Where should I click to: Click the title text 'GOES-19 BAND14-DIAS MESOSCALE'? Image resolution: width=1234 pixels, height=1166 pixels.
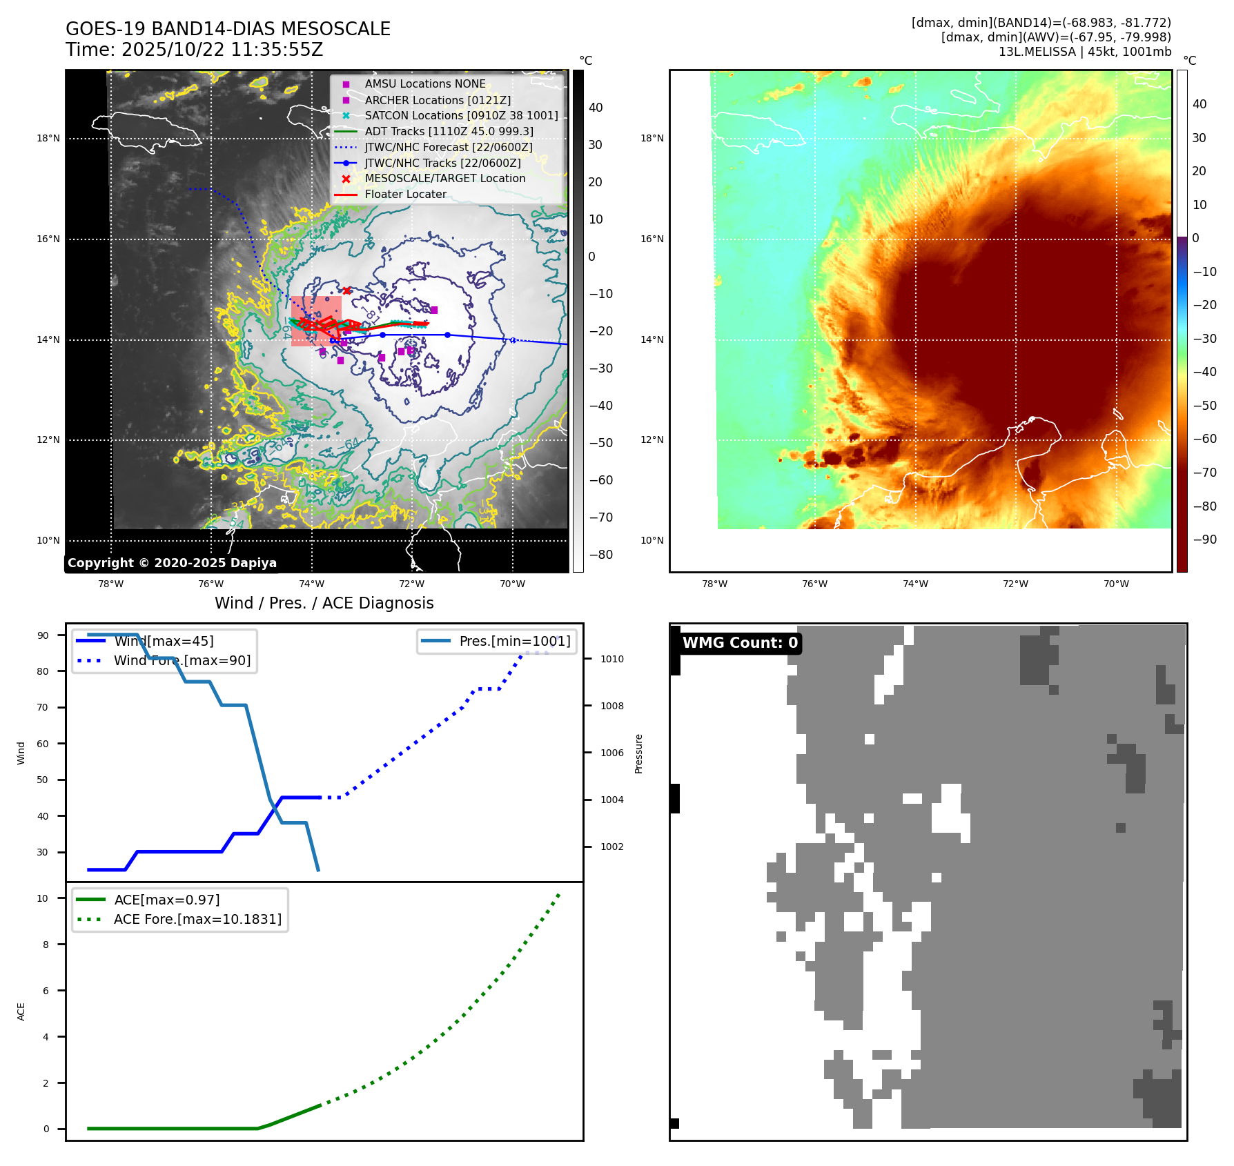[228, 29]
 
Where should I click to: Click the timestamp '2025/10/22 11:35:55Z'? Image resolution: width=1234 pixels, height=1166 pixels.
[222, 50]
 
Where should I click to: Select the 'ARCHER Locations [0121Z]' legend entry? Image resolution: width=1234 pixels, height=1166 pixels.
[438, 100]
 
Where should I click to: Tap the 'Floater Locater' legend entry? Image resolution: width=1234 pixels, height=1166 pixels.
[405, 195]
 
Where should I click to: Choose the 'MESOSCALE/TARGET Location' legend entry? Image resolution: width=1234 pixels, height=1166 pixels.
[444, 179]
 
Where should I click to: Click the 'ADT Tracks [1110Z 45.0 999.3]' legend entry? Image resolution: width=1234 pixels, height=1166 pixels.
[449, 131]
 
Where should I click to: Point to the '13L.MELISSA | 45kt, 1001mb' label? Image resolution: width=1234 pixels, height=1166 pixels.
[1084, 52]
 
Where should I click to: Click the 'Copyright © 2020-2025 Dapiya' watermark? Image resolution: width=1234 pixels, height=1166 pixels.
[172, 563]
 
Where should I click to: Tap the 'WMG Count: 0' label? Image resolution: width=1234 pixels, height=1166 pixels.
[740, 643]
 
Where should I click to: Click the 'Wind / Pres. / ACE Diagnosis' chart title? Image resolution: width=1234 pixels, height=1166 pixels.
[324, 603]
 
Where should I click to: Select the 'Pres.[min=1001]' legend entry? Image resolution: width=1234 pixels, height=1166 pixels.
[514, 641]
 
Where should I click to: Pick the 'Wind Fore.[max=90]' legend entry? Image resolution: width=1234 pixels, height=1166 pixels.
[182, 660]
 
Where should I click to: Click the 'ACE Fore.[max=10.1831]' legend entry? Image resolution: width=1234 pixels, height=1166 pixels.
[197, 919]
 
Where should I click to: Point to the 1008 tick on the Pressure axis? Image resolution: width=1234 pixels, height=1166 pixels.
[611, 706]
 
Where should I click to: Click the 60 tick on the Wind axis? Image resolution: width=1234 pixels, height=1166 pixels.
[43, 744]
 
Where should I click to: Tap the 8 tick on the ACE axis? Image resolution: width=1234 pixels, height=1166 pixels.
[46, 945]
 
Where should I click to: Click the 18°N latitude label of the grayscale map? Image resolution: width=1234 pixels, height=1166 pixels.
[48, 139]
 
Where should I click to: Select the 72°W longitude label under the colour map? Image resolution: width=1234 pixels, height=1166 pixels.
[1015, 584]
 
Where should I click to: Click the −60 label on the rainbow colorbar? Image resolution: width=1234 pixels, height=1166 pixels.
[1205, 439]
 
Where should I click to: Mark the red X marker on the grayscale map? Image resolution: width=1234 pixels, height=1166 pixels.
[346, 290]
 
